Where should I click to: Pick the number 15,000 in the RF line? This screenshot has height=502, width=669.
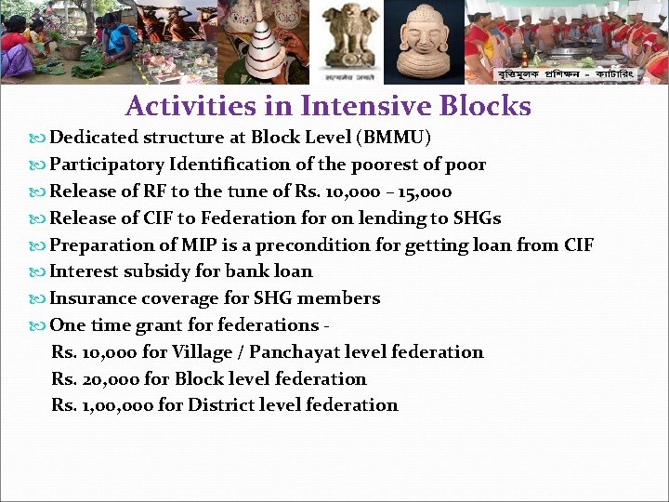coord(424,192)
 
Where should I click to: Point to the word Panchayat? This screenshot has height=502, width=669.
coord(295,352)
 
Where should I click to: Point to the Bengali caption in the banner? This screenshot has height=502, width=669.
coord(566,74)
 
